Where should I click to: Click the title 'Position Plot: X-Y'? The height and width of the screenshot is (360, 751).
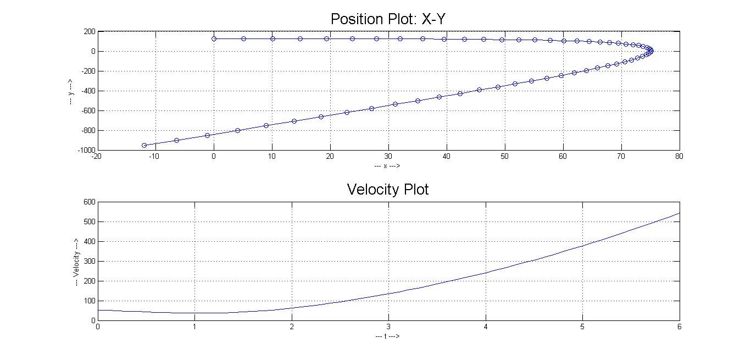click(x=391, y=19)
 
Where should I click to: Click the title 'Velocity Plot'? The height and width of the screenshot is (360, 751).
click(x=388, y=190)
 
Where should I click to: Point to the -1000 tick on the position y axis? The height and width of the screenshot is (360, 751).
click(x=87, y=150)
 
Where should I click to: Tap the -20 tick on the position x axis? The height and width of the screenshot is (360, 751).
click(x=97, y=156)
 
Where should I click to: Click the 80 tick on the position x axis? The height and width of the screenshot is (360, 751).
click(x=680, y=156)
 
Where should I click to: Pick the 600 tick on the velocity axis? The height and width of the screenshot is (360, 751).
click(x=90, y=202)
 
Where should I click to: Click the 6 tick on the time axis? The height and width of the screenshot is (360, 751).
click(x=680, y=326)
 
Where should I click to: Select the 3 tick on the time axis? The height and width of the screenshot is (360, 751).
click(x=388, y=326)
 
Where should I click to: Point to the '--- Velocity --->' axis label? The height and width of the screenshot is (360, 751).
click(x=77, y=261)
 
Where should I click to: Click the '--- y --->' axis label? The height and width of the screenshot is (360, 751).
click(x=71, y=91)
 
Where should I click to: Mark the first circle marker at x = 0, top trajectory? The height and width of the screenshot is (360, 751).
click(x=214, y=38)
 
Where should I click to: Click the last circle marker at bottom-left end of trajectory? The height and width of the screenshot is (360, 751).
click(x=144, y=145)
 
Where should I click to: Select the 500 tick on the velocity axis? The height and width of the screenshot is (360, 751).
click(x=90, y=222)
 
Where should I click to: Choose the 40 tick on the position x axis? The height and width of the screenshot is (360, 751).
click(x=447, y=156)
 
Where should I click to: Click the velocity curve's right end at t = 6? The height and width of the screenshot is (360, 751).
click(x=679, y=213)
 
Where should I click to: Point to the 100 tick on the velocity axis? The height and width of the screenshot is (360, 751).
click(x=90, y=301)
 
